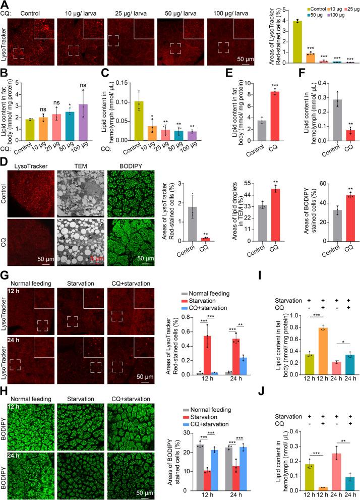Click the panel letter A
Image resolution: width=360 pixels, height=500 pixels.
4,5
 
